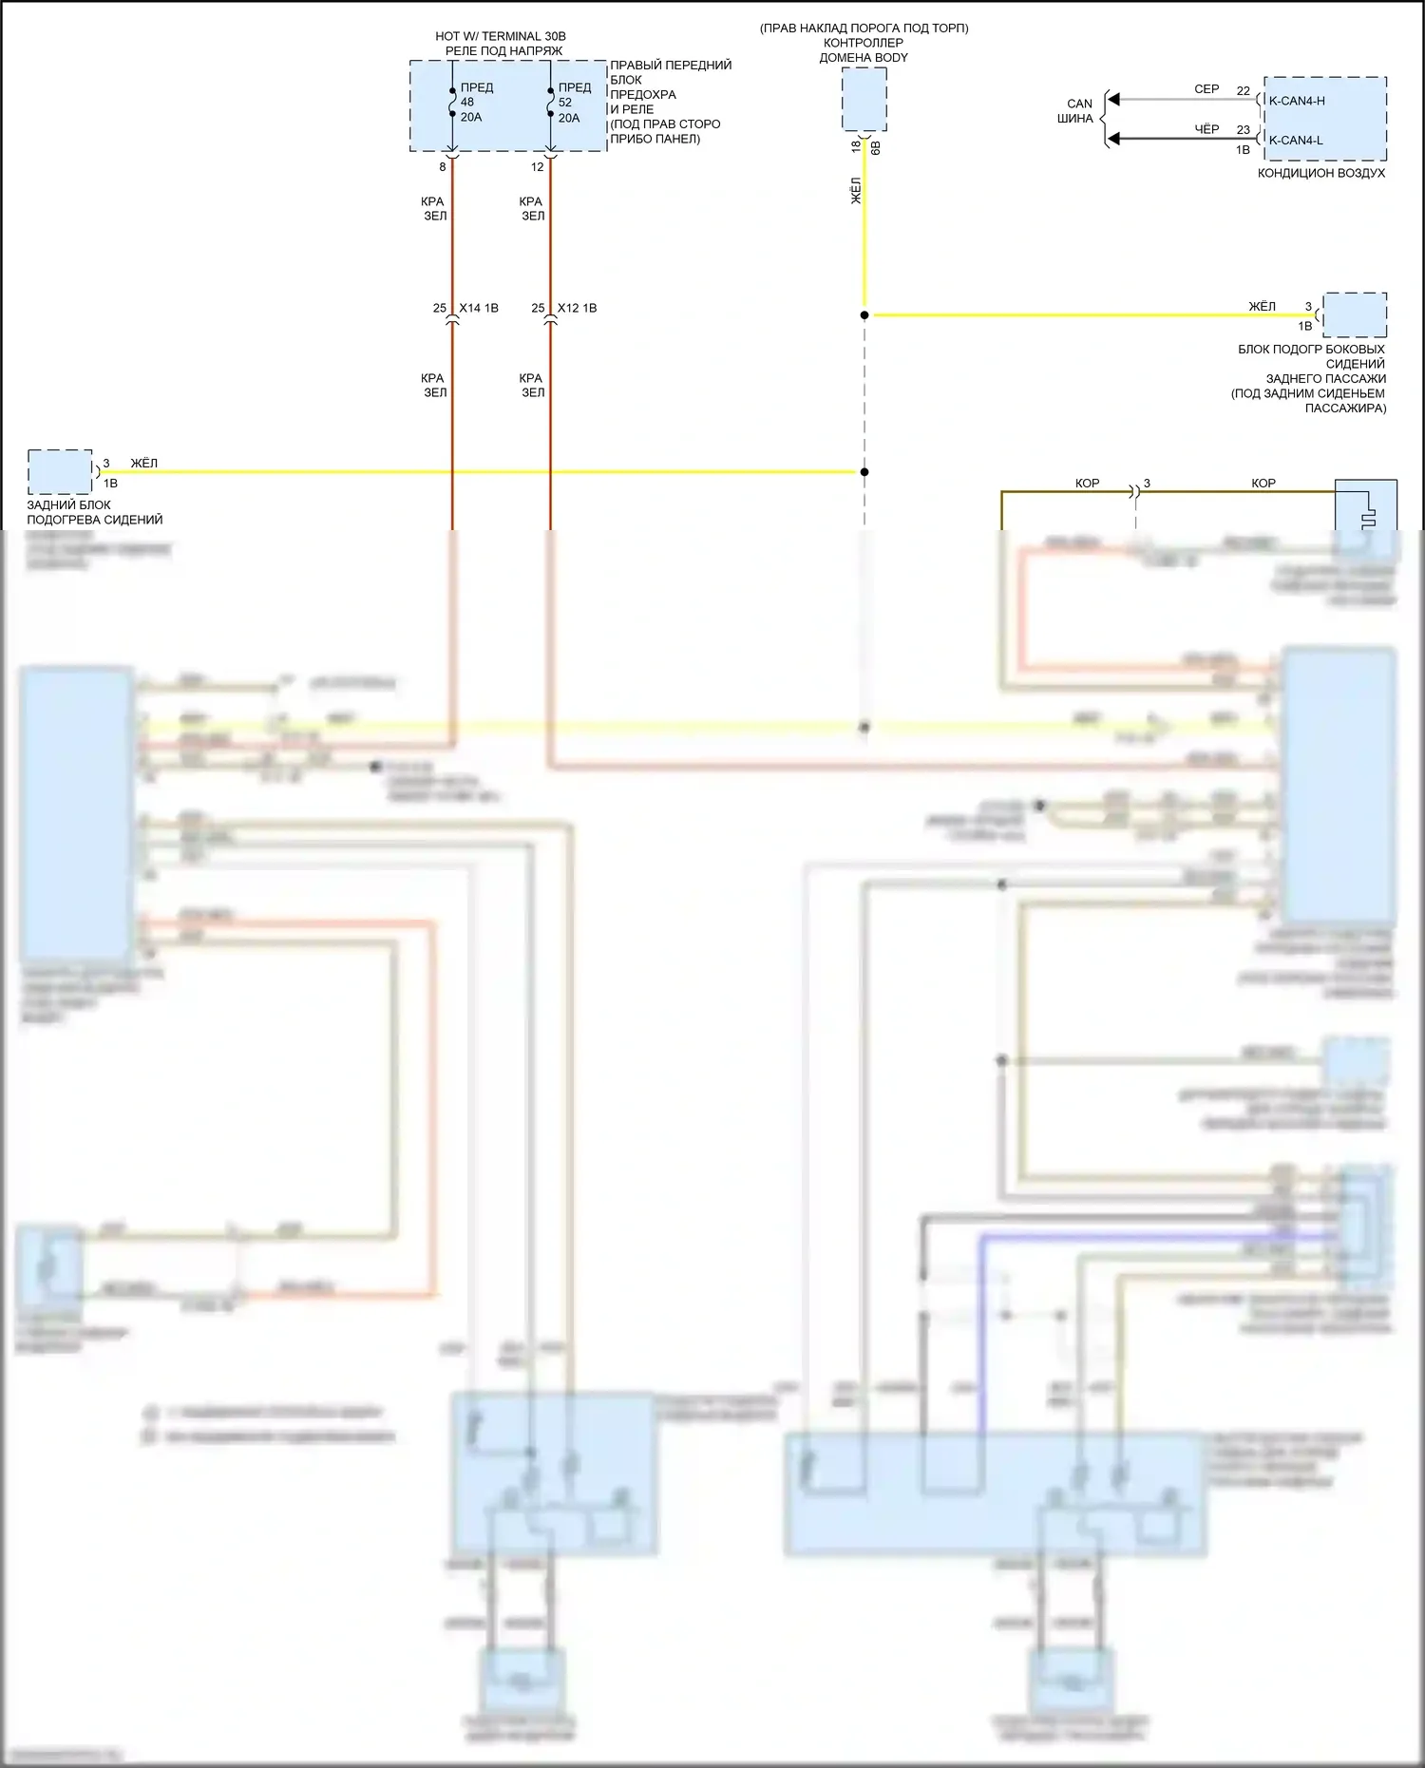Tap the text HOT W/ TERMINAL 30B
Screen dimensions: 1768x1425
[x=500, y=36]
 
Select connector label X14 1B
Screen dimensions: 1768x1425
[x=478, y=308]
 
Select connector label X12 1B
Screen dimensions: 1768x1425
[x=577, y=308]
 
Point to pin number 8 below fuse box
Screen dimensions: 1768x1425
[x=442, y=167]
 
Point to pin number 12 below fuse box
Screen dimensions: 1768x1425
[x=537, y=167]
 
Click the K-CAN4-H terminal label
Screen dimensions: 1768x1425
[x=1297, y=101]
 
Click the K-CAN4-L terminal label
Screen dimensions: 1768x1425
[x=1296, y=141]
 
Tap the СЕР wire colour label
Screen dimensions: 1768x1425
[x=1206, y=89]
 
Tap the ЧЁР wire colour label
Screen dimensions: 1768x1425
[x=1206, y=129]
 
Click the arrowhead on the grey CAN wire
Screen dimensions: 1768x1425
[x=1114, y=99]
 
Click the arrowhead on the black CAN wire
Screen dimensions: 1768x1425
[x=1114, y=139]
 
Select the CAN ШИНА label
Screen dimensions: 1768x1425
[x=1078, y=111]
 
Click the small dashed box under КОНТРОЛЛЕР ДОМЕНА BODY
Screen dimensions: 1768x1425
[x=864, y=99]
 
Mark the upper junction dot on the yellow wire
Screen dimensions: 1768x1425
[x=864, y=314]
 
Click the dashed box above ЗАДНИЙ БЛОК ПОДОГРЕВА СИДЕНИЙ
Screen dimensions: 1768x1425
[x=60, y=471]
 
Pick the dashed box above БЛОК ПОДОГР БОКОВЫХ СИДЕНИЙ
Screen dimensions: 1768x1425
[x=1355, y=314]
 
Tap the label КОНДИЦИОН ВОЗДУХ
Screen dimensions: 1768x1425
[x=1320, y=173]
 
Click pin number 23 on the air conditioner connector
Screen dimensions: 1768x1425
[x=1243, y=130]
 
